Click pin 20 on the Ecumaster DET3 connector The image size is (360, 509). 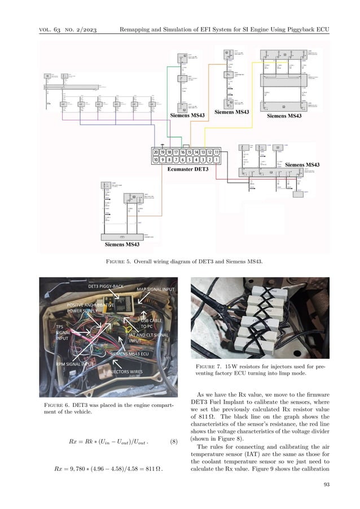coord(156,152)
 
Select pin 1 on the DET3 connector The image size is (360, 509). coord(216,160)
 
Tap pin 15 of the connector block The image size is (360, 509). coord(190,152)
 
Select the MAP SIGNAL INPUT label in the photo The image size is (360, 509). coord(157,289)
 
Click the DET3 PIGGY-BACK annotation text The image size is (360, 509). coord(106,287)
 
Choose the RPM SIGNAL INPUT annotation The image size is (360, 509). coord(76,365)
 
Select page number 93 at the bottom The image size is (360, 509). coord(326,484)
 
